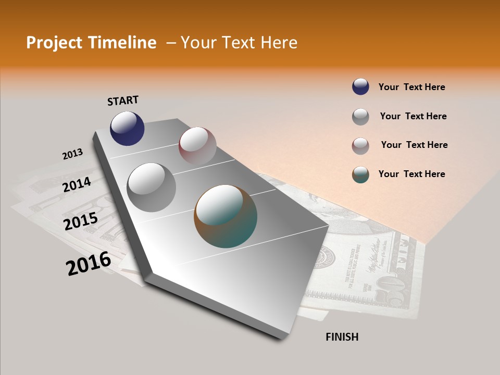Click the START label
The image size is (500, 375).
point(123,101)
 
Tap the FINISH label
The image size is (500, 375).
point(342,337)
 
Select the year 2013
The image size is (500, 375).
point(72,154)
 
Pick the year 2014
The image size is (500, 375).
point(77,184)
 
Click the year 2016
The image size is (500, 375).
point(89,264)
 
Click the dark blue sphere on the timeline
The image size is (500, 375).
point(127,129)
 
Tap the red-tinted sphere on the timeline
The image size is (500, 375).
point(197,146)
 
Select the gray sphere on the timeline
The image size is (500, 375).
point(152,187)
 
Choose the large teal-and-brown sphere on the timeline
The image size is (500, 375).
point(226,216)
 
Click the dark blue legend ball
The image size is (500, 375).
point(360,87)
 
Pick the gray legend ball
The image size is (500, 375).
point(360,117)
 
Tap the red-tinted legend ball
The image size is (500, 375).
point(360,146)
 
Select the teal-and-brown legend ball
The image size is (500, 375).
point(360,174)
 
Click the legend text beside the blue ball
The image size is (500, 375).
point(411,87)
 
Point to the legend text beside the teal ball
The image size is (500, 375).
point(411,174)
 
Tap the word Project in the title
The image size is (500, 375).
point(54,43)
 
